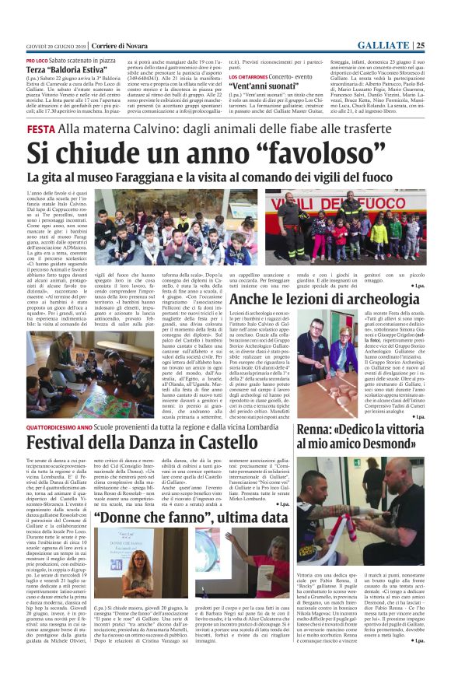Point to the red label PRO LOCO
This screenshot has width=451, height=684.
pos(36,60)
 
